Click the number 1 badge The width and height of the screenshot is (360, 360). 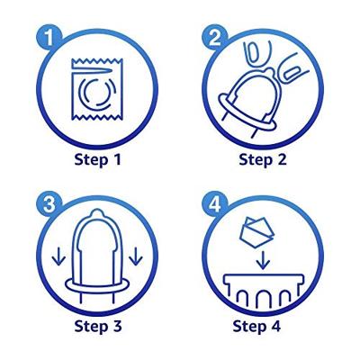tap(49, 39)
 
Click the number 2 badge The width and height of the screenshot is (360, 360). tap(215, 39)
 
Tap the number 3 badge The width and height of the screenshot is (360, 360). tap(49, 205)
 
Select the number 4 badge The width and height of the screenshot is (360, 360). tap(215, 205)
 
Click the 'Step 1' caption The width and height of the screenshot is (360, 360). tap(97, 159)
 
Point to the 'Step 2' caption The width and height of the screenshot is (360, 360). tap(263, 159)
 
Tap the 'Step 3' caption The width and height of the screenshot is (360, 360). tap(98, 326)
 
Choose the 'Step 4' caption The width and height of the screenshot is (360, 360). tap(256, 326)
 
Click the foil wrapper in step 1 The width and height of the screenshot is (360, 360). tap(97, 90)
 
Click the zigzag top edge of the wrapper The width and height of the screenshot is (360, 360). tap(97, 61)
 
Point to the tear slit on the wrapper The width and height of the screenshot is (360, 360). tap(92, 71)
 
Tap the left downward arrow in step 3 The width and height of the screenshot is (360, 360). tap(57, 256)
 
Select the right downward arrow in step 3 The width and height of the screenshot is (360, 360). tap(137, 256)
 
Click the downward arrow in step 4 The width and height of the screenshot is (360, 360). tap(264, 258)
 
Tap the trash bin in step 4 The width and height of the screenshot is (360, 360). tap(264, 287)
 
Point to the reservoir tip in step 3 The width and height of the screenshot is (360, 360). tap(96, 214)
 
